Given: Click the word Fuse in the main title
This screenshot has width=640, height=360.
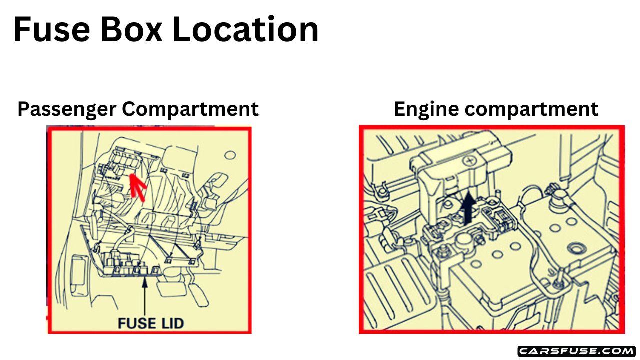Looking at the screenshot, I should point(51,29).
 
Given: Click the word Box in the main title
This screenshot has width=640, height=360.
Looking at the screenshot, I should point(131,29).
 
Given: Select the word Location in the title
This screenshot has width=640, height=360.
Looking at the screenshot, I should point(245,29).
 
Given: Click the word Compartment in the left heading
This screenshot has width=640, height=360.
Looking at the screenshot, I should point(197,109).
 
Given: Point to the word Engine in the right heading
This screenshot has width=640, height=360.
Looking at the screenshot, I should point(426,109).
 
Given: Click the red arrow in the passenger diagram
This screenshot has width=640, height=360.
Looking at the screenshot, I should point(138,186).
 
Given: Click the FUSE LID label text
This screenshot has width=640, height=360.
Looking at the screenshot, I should point(151,323).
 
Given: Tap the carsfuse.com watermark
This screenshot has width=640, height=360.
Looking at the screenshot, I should point(576,351).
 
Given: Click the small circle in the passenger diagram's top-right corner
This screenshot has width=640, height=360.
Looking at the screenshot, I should point(229,155).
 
